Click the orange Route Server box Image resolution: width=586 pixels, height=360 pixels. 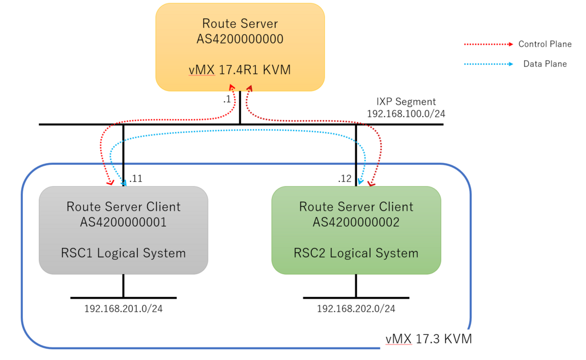240,47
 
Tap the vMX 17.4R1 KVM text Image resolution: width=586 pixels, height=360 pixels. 240,70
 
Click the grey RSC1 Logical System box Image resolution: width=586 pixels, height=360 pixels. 123,230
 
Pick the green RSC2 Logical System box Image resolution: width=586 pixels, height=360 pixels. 356,230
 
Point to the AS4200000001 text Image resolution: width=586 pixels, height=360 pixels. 123,222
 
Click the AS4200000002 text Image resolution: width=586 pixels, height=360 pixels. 356,222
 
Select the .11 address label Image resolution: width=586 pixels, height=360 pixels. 136,179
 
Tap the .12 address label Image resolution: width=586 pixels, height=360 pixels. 345,179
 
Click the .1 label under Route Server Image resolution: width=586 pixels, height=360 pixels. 227,100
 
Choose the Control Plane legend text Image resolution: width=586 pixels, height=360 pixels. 545,44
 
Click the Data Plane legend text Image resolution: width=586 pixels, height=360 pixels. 545,64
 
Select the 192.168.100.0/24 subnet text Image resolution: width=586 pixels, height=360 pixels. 406,114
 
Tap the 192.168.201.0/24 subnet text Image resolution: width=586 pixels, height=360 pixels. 123,309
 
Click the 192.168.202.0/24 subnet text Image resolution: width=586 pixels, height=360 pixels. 356,309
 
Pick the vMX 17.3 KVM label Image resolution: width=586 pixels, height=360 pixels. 429,339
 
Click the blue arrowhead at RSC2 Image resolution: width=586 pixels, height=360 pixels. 360,182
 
